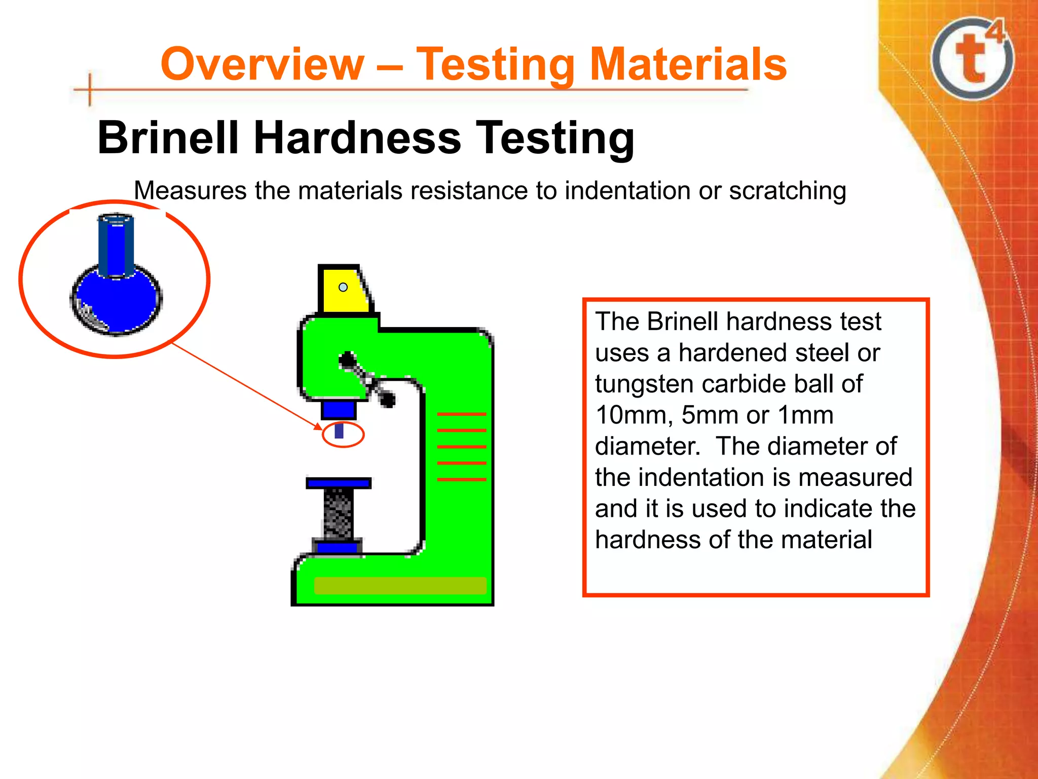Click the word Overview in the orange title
[x=262, y=64]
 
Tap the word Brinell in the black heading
[x=167, y=137]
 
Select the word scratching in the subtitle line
[x=787, y=191]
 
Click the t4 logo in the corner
[x=973, y=58]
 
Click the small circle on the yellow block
[x=343, y=287]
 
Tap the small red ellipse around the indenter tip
[x=343, y=434]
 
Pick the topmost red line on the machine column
[x=461, y=414]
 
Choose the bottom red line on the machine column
[x=461, y=479]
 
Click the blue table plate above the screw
[x=339, y=483]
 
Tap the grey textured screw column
[x=338, y=513]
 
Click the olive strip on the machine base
[x=400, y=585]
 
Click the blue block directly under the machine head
[x=339, y=409]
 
